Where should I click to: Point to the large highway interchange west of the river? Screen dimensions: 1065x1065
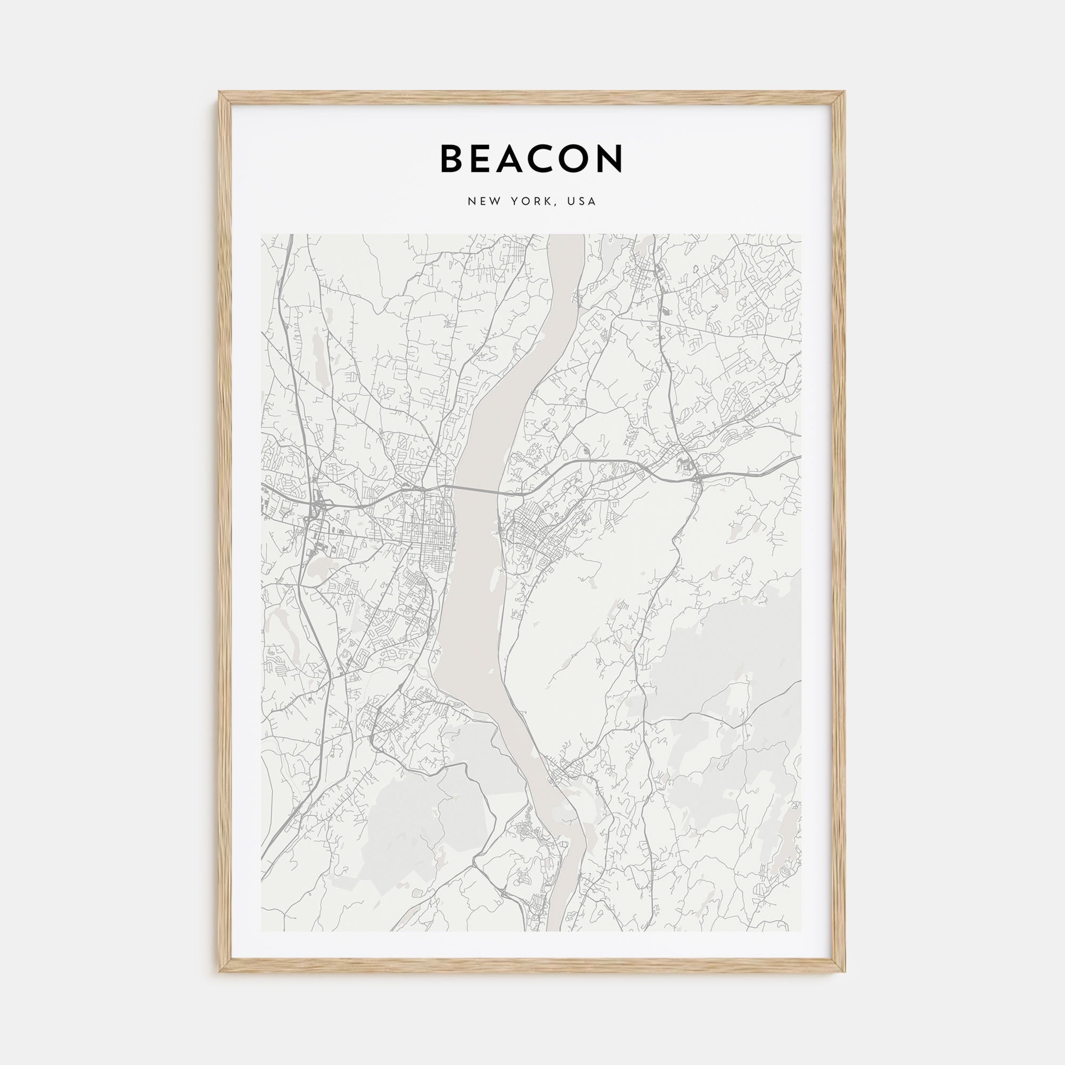[x=318, y=502]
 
